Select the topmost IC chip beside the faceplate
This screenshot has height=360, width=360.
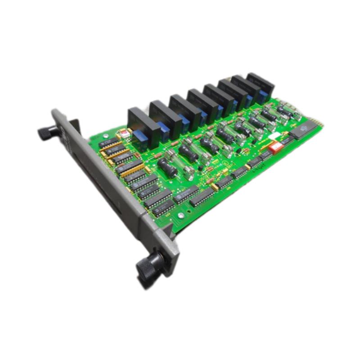[108, 143]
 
